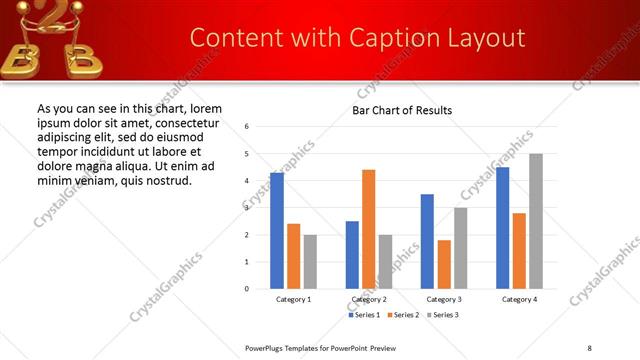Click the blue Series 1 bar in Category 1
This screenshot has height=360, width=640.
click(277, 231)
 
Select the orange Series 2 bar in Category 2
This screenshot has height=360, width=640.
click(369, 229)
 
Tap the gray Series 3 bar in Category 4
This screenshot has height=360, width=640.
click(536, 221)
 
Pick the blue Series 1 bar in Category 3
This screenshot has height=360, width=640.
click(427, 241)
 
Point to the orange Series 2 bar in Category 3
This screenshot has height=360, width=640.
click(444, 264)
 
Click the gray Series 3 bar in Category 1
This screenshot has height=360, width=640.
click(310, 261)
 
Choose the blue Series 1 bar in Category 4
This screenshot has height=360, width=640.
click(502, 228)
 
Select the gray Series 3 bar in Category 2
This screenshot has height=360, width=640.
click(386, 261)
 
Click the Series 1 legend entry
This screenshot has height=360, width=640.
click(363, 315)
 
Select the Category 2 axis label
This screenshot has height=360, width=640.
click(369, 300)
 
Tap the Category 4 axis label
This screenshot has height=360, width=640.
click(519, 300)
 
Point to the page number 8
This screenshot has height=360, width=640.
click(589, 347)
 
